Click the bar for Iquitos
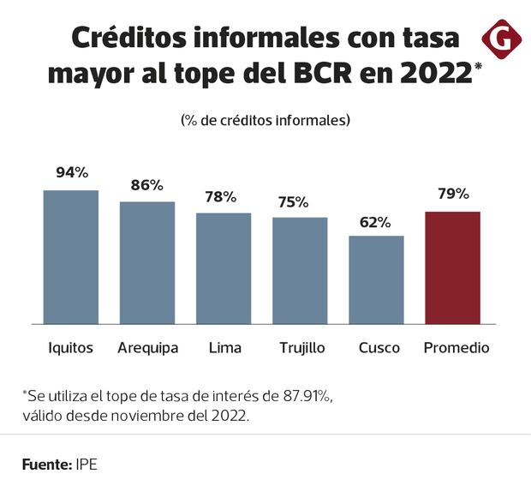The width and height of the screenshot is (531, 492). coord(71,257)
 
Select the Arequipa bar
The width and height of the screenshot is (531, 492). coord(146,263)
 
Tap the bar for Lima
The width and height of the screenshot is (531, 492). coord(224,268)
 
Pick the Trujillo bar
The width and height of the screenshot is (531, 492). coord(300,271)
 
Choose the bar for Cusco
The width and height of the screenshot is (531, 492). coord(376,279)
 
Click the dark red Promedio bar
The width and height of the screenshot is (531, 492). coord(452,267)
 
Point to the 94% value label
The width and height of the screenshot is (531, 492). coord(72,172)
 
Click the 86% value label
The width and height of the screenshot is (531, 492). coord(147,184)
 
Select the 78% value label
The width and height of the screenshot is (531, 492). coord(221,196)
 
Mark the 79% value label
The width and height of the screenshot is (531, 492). coord(452,194)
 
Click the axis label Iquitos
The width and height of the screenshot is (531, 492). coord(71,348)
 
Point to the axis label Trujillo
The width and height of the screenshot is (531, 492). coord(301,348)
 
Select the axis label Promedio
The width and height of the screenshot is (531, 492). coord(457,348)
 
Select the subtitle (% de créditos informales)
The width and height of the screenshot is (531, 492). coord(265,120)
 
